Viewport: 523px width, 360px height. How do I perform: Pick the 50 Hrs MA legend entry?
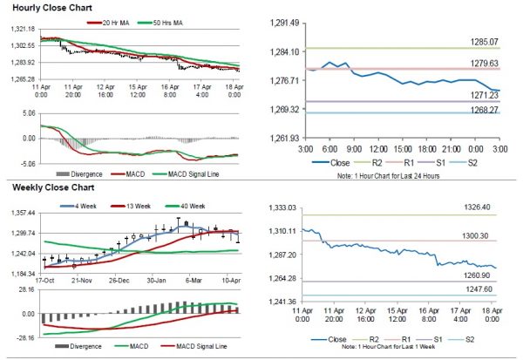pyautogui.click(x=161, y=20)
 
